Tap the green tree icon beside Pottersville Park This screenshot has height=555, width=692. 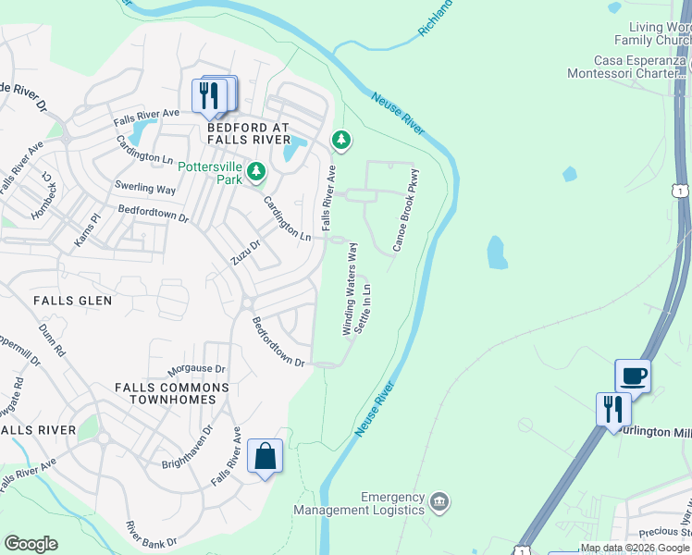tap(257, 171)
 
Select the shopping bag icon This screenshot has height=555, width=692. tap(266, 456)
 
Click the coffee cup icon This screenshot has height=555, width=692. tap(634, 376)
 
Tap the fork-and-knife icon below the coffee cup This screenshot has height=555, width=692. tap(613, 408)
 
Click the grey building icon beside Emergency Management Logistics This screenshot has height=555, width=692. tap(439, 502)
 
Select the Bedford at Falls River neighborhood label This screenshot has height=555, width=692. tap(248, 133)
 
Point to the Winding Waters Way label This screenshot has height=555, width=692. tap(350, 296)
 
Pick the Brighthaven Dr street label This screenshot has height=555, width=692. tap(187, 447)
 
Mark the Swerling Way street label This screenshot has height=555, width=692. tap(145, 188)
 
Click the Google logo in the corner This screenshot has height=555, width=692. tap(31, 544)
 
